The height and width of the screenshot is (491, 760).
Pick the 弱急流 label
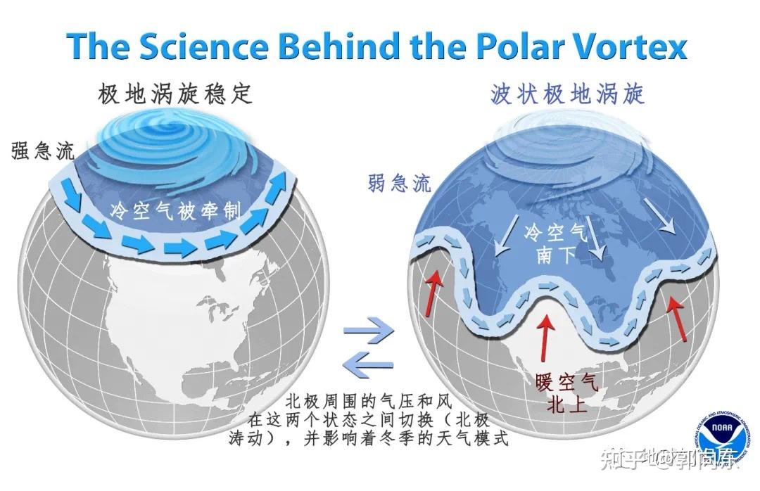(398, 184)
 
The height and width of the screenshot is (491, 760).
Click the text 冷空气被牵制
(175, 211)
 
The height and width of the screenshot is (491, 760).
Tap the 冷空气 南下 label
(555, 243)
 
